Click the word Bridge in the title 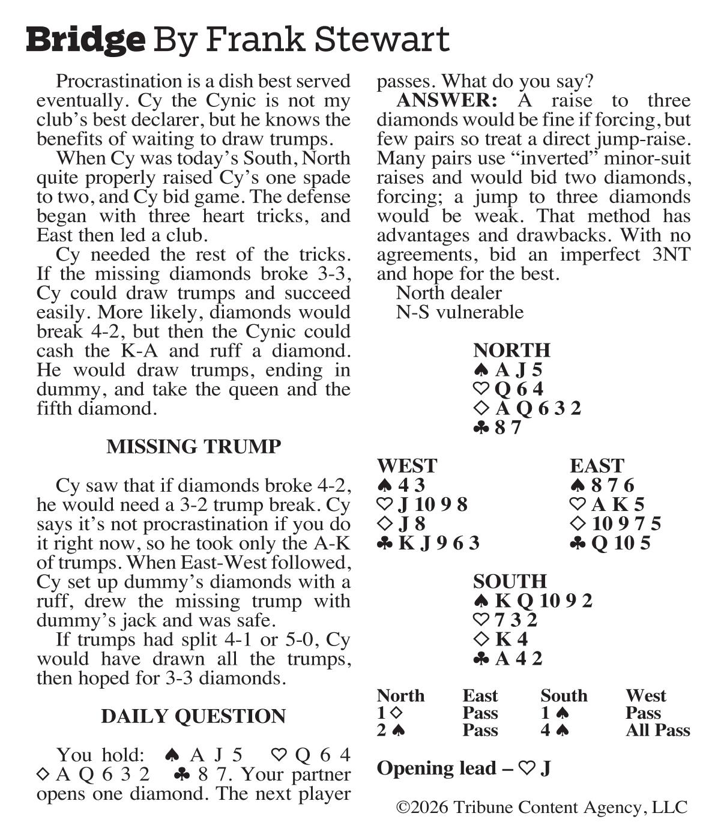click(86, 40)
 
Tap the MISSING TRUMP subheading click(193, 447)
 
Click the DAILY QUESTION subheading click(193, 716)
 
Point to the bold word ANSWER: click(447, 100)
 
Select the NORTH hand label click(511, 350)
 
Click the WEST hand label click(407, 466)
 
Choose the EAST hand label click(597, 466)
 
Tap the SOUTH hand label click(510, 581)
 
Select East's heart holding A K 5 click(610, 504)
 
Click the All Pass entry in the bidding click(657, 730)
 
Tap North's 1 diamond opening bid click(390, 713)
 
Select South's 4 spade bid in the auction click(555, 730)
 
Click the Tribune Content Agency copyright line click(541, 808)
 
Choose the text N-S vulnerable click(459, 312)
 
